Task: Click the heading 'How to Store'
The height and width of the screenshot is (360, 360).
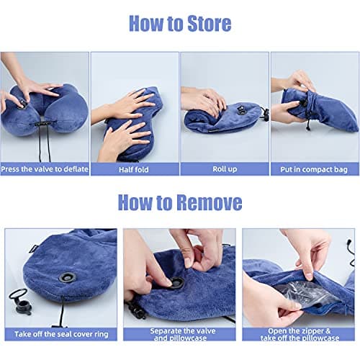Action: click(x=180, y=23)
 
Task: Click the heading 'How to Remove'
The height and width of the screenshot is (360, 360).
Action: click(x=180, y=202)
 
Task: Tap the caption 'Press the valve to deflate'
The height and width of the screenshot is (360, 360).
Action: click(x=45, y=169)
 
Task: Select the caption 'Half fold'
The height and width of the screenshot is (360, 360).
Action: click(x=134, y=169)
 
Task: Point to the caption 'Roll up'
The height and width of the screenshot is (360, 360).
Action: click(x=224, y=169)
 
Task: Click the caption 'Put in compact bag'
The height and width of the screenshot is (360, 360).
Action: click(x=315, y=169)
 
